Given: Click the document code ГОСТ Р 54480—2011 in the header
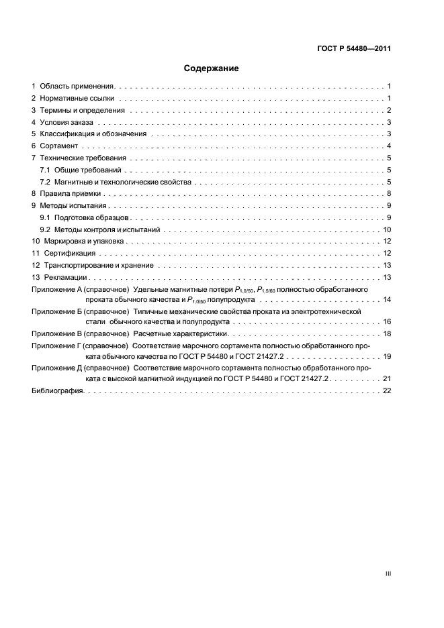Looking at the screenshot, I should (353, 48).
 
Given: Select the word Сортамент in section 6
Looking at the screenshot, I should (59, 146).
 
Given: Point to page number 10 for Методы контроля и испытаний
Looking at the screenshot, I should (387, 229).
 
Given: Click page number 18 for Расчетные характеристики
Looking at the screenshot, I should (387, 333).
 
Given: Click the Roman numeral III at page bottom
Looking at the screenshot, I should (388, 574).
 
